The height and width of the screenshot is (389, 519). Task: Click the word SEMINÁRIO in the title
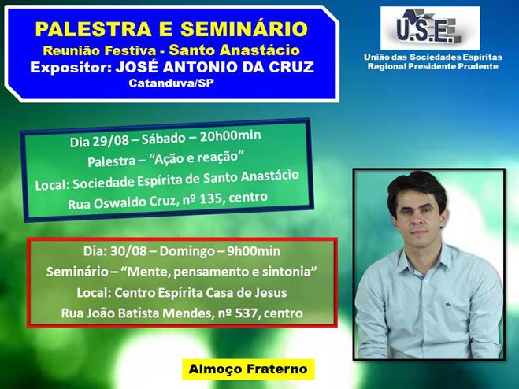coord(244,29)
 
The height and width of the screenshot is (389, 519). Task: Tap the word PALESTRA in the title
coord(94,29)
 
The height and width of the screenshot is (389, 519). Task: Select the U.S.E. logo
coord(430,28)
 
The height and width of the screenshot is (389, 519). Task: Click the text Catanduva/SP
coord(171,83)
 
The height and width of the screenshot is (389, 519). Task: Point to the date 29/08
coord(110,141)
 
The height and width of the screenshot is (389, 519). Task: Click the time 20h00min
coord(231,135)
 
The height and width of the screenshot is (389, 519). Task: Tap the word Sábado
coord(163,139)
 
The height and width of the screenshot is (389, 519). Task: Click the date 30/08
coord(128,251)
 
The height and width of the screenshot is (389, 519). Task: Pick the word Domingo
coord(187,252)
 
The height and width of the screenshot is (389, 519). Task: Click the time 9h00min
coord(254,251)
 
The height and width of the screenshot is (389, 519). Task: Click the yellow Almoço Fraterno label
coord(248,369)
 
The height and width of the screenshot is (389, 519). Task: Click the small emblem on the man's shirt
coord(447,305)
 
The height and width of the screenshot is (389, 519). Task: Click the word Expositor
coord(69,67)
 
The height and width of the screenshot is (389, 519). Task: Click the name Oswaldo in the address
coord(120,203)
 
